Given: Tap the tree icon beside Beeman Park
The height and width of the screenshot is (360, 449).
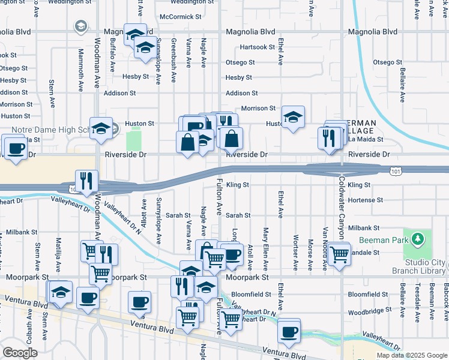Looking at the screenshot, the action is pos(419,240).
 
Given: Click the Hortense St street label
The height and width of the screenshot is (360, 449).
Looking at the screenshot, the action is pos(365,200).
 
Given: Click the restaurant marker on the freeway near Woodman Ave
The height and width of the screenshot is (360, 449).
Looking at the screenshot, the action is pos(86,180).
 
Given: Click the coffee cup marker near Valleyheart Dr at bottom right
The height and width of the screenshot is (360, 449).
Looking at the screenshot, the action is pos(289,331).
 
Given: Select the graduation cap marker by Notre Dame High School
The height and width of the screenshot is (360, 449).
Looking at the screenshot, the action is pos(101,128).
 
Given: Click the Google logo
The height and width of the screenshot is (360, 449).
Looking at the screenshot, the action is pos(20,353).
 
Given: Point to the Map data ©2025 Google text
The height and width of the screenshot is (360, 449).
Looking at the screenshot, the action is pos(411,355).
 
